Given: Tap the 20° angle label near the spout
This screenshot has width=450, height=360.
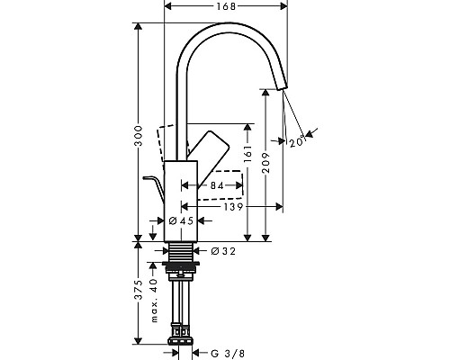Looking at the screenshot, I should coord(298,139).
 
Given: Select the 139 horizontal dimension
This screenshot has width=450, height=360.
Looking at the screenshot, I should coord(233,208).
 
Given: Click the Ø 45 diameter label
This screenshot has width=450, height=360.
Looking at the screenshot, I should coord(183,220).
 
